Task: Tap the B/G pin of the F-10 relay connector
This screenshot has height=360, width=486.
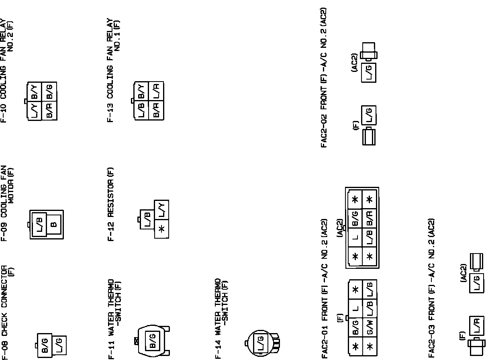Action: tap(49, 91)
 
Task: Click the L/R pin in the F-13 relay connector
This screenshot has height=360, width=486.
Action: tap(156, 92)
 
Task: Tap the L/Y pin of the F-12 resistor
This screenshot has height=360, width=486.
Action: tap(162, 210)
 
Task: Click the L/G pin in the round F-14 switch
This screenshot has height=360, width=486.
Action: tap(260, 343)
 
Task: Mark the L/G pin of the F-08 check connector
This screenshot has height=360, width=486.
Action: tap(59, 344)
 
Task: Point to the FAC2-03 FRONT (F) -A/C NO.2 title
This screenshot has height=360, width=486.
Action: tap(431, 288)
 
